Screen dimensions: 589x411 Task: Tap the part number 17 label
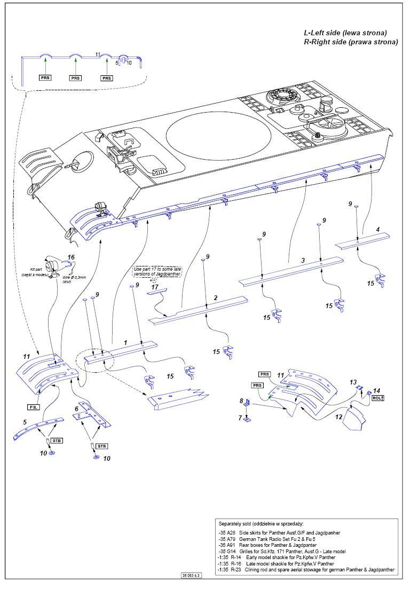(155, 287)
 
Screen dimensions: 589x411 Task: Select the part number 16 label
(70, 257)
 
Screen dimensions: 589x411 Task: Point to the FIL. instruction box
(32, 407)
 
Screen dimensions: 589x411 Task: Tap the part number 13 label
(353, 382)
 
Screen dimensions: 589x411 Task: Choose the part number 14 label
(376, 391)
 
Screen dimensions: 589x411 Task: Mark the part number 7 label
(240, 418)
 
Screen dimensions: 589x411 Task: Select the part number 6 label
(77, 409)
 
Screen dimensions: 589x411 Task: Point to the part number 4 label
(378, 230)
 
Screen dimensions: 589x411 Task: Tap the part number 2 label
(216, 297)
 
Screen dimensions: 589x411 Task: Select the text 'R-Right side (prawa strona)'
(351, 42)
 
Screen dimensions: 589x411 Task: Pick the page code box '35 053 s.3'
(191, 576)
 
